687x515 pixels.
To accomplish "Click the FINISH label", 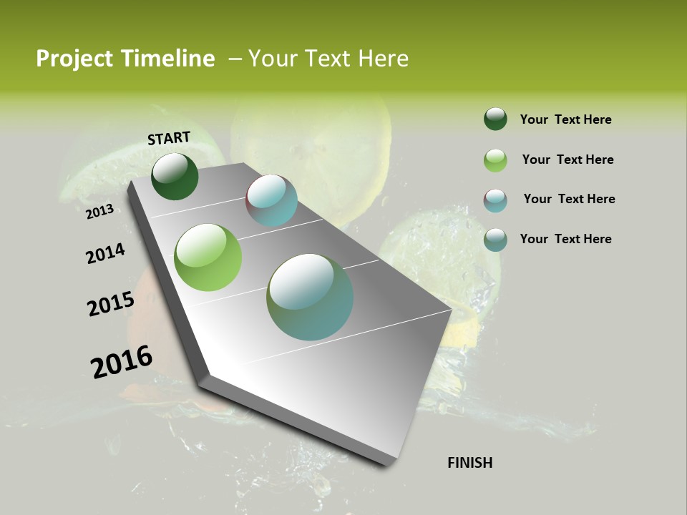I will tap(469, 463).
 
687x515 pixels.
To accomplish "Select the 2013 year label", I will tap(99, 212).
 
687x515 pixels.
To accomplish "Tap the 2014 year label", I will tap(105, 253).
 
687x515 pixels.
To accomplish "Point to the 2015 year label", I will tap(110, 304).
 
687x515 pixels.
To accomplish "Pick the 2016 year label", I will tap(121, 361).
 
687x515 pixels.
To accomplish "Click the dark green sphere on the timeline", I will tap(175, 177).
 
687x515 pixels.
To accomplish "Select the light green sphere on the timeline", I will tap(208, 257).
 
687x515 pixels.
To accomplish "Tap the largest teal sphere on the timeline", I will tap(310, 297).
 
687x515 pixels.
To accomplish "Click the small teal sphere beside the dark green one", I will tap(272, 200).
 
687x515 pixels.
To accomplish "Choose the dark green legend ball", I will tap(495, 119).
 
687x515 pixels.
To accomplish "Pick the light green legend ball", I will tap(495, 160).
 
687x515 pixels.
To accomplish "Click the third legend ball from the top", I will tap(495, 200).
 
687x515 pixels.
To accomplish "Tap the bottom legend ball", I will tap(495, 240).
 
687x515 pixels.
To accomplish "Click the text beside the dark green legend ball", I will tap(565, 119).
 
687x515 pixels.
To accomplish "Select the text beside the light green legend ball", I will tap(567, 160).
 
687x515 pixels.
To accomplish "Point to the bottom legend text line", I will tap(565, 239).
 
